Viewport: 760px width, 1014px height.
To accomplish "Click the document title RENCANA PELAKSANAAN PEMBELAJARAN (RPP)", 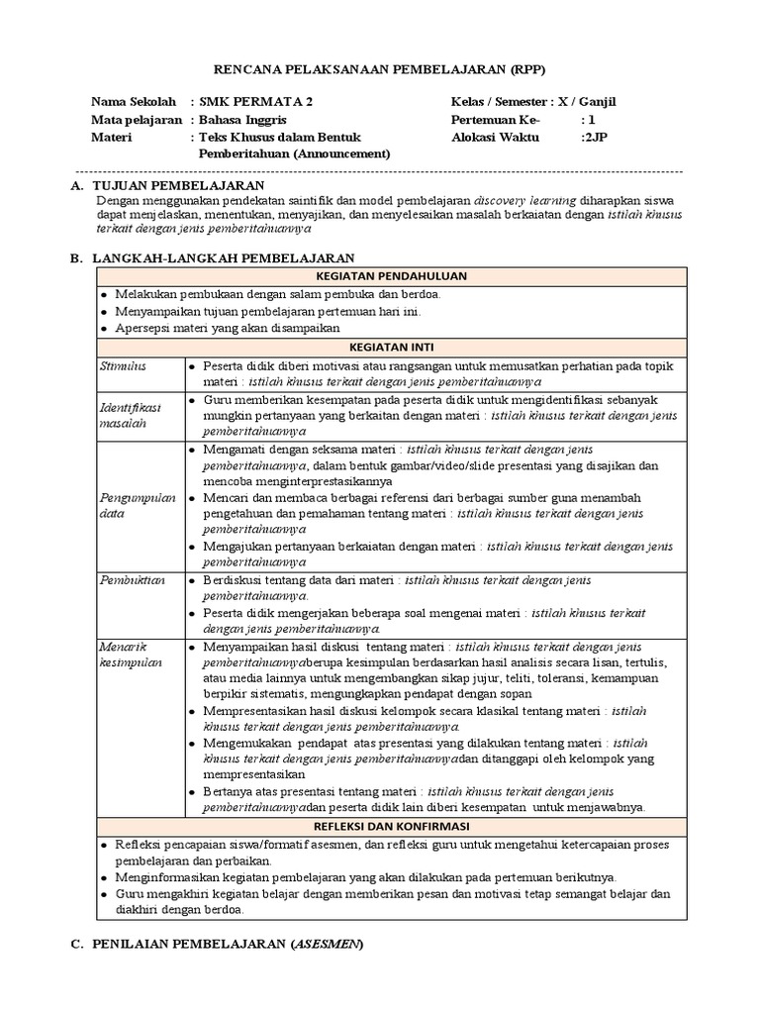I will [380, 68].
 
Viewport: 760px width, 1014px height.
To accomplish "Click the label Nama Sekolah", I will [133, 102].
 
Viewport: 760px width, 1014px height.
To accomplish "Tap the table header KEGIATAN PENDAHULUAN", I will [391, 276].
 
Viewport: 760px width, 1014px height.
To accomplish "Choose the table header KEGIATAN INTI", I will [391, 348].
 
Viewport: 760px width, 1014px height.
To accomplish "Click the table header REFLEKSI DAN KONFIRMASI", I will [391, 826].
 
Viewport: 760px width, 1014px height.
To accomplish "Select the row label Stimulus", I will [123, 366].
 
